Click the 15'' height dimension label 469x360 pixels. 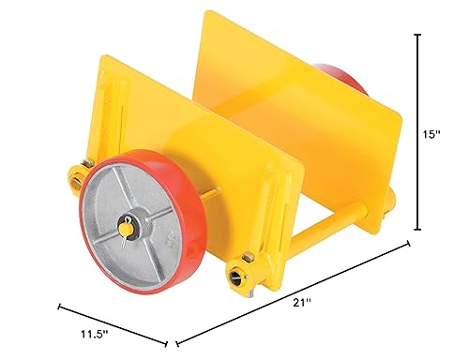(431, 135)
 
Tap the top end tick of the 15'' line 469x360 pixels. (416, 35)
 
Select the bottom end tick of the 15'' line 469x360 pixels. (416, 229)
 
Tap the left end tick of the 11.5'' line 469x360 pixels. (61, 305)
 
